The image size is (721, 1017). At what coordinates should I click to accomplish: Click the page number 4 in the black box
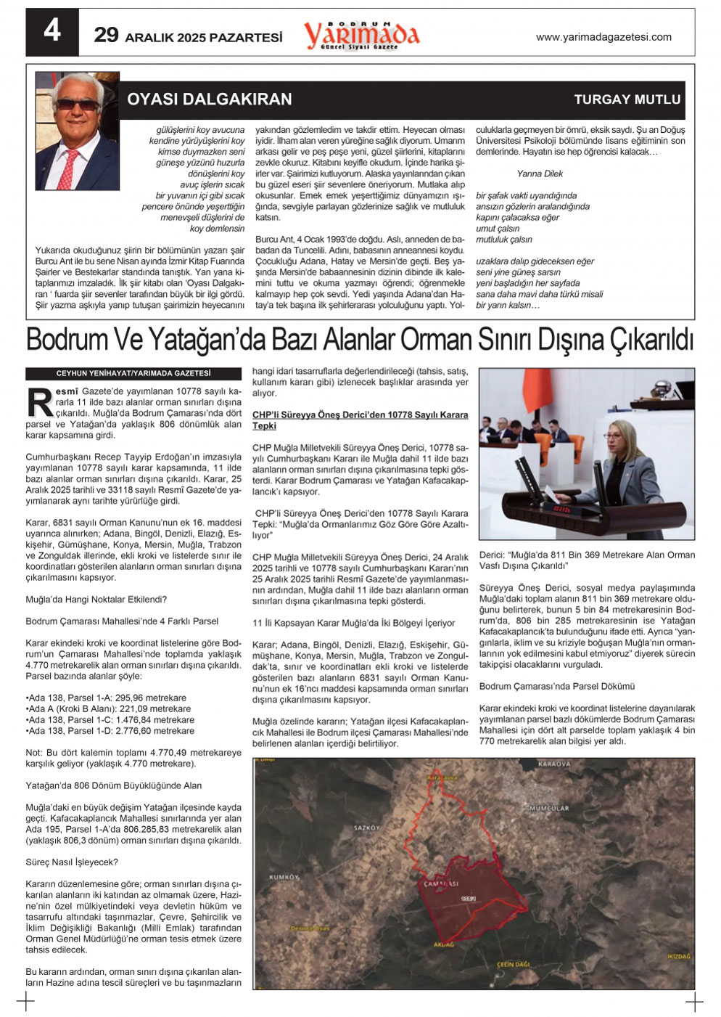(51, 31)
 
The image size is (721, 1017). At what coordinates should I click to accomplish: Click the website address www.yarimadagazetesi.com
(603, 37)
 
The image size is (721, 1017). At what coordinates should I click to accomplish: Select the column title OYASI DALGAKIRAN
(210, 99)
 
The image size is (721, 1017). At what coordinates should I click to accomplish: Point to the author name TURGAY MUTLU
(627, 99)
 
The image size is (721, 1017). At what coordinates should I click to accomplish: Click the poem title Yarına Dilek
(540, 173)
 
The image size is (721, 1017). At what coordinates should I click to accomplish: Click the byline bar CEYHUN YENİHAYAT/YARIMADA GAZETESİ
(133, 373)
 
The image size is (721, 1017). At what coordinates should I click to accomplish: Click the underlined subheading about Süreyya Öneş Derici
(360, 420)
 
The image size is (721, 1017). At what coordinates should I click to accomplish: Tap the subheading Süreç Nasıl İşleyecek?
(72, 862)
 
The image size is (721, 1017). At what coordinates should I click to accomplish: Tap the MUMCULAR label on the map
(549, 808)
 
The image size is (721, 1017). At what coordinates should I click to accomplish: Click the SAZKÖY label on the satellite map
(366, 828)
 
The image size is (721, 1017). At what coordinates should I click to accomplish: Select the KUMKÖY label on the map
(284, 877)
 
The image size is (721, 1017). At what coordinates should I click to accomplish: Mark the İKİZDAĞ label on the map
(679, 956)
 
